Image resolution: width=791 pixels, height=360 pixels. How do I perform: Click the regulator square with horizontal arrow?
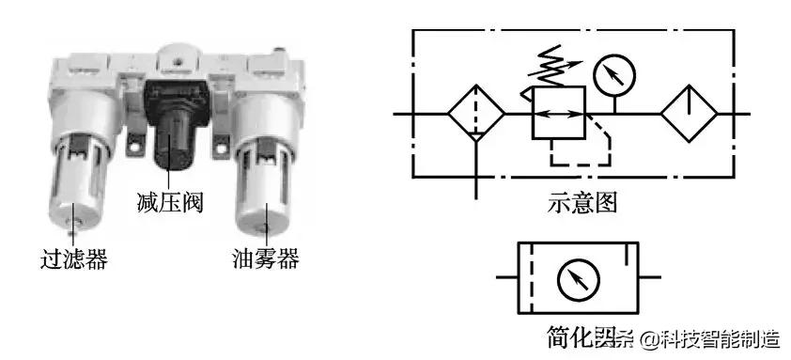click(559, 113)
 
